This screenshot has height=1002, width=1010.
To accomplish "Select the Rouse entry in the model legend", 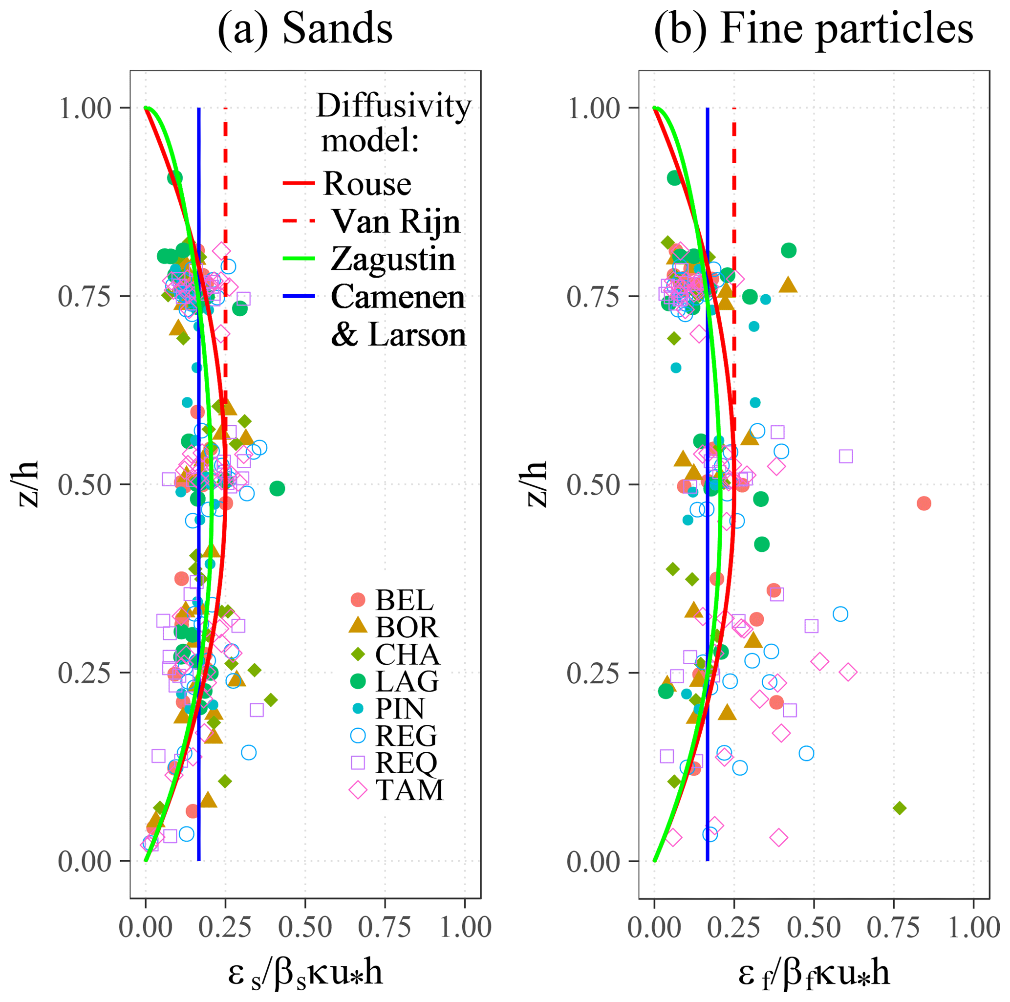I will click(x=367, y=184).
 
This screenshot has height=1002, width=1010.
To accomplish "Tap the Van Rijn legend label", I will click(x=396, y=221).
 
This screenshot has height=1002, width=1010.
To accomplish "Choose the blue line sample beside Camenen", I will click(x=299, y=297).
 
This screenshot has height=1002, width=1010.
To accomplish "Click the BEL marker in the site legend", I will click(x=358, y=600).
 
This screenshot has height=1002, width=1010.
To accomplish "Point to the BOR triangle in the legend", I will click(x=358, y=626).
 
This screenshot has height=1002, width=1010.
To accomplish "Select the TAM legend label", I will click(x=409, y=790).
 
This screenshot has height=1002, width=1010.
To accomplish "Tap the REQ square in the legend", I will click(x=358, y=762).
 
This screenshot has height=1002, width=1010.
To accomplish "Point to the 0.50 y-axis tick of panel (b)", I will click(x=594, y=485).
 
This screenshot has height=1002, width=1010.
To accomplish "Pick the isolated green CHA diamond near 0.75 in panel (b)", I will click(x=899, y=808).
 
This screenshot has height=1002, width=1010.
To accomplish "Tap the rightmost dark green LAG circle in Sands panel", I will click(x=277, y=488).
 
